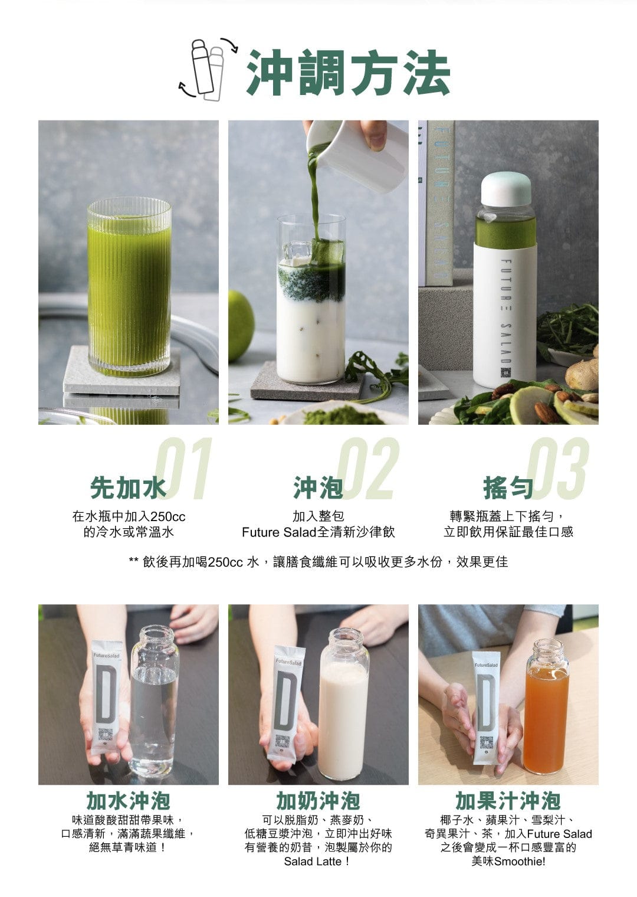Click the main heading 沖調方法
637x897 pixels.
(348, 73)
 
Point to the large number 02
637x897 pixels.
(368, 468)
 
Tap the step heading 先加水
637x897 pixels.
(128, 487)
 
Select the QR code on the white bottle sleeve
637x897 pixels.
(505, 372)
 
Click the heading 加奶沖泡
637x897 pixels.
(318, 801)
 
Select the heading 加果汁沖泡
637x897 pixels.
(508, 801)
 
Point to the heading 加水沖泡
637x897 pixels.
(129, 801)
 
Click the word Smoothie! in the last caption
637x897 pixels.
(520, 862)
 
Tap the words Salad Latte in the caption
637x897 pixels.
(313, 862)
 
